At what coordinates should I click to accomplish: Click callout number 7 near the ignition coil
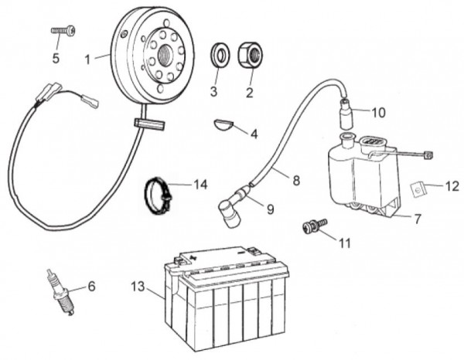(x=418, y=219)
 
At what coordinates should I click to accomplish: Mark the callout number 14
(x=201, y=185)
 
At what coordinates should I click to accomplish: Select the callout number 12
(x=452, y=185)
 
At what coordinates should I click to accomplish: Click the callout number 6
(x=91, y=287)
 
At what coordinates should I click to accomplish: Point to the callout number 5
(x=56, y=58)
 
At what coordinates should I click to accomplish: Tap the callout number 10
(x=378, y=112)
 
